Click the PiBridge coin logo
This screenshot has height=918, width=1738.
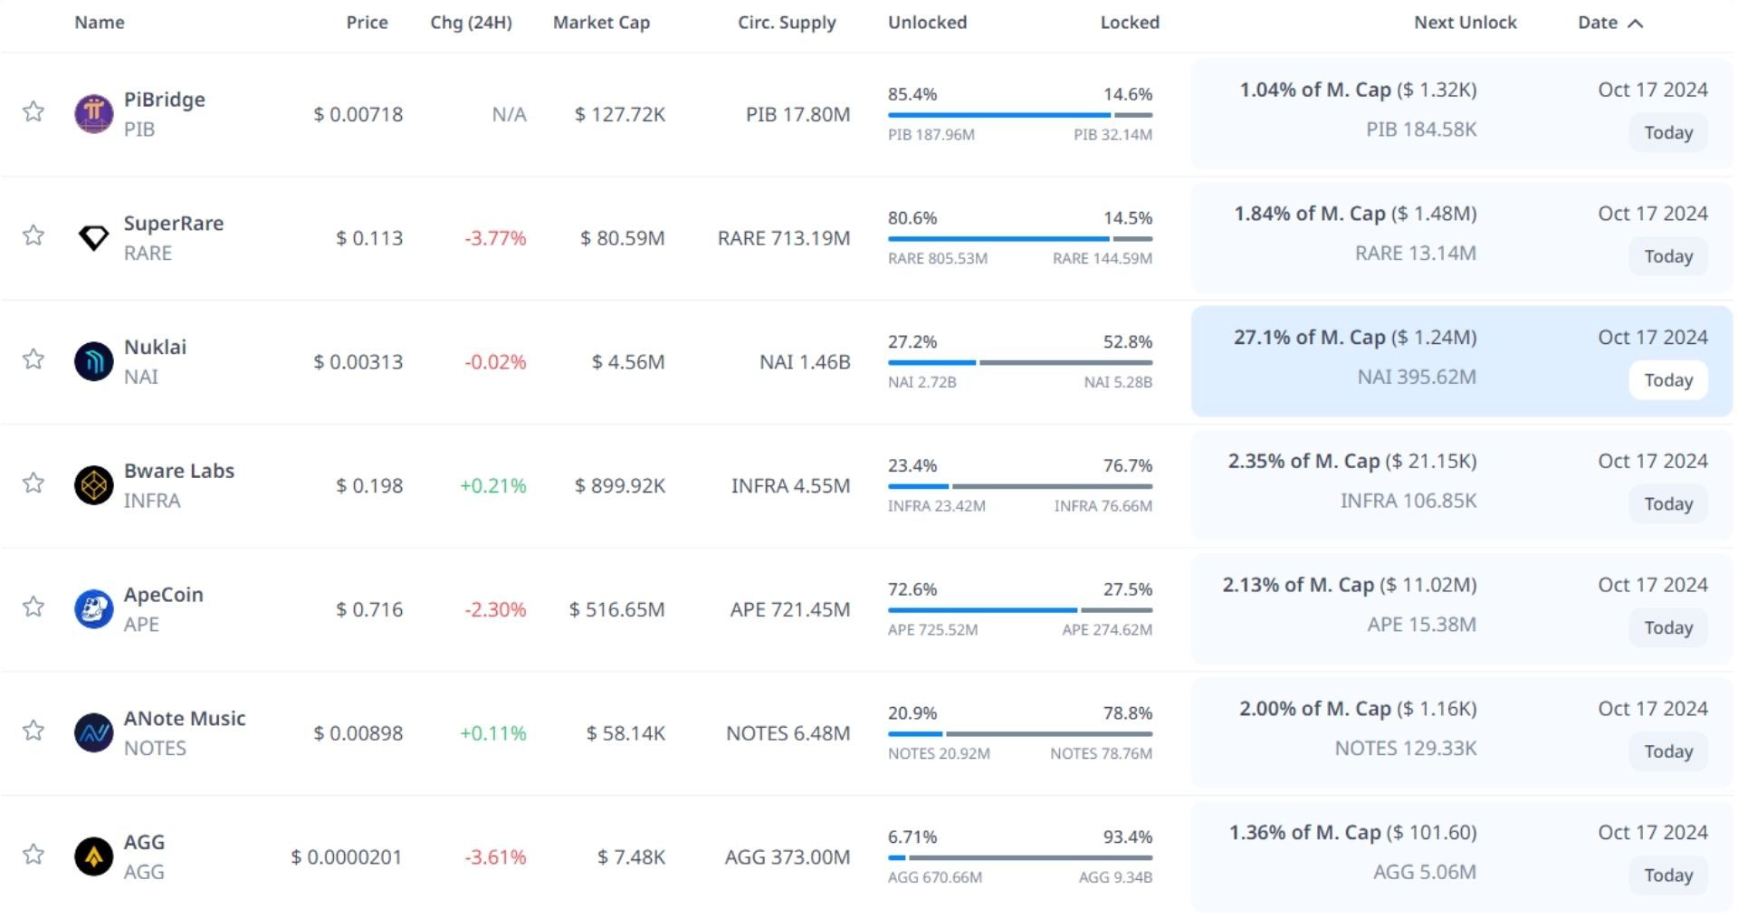point(93,114)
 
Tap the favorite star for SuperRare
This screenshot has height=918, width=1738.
point(33,235)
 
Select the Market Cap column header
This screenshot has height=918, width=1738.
point(601,23)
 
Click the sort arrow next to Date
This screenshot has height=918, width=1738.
point(1635,24)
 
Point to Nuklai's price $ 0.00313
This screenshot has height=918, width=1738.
point(358,362)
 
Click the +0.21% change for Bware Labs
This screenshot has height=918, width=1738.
point(492,486)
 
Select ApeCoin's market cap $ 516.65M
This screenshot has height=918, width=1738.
point(616,609)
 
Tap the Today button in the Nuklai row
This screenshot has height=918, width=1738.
point(1667,380)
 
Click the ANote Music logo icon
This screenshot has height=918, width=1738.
point(93,733)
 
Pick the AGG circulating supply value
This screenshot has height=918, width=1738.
point(787,857)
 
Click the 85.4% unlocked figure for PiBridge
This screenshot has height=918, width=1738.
point(912,94)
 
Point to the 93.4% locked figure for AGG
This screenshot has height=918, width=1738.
point(1127,837)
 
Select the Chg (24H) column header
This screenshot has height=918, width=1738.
point(471,23)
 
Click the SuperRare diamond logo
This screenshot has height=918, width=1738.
point(93,238)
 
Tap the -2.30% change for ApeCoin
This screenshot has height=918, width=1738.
point(494,610)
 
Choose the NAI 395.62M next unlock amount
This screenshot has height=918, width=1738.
point(1416,377)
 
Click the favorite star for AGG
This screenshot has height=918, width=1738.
point(33,855)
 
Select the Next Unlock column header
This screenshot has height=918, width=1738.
point(1465,23)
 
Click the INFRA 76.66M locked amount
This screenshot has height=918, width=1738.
point(1103,506)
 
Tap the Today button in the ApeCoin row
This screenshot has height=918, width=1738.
point(1667,628)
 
